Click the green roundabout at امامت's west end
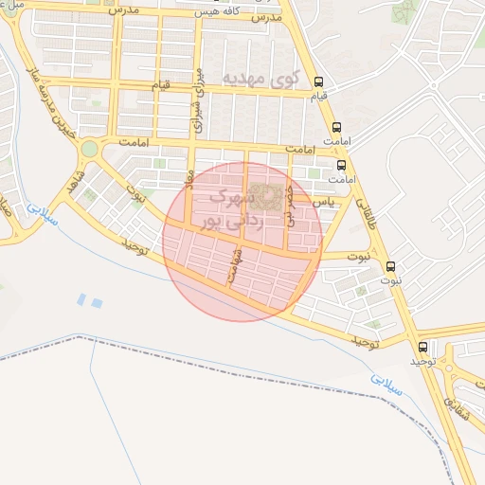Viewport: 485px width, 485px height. pos(89,149)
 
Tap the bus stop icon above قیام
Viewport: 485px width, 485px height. pos(319,81)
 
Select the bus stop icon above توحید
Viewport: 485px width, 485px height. pos(422,347)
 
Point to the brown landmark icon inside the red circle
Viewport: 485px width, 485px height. pos(268,197)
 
